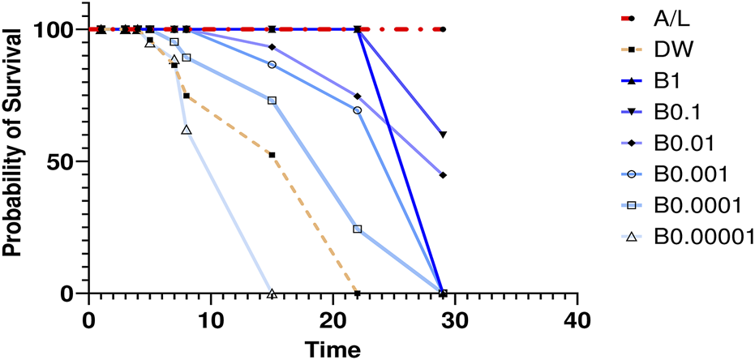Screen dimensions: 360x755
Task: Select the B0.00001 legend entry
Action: [x=704, y=237]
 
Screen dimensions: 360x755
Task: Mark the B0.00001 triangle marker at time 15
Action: [x=272, y=293]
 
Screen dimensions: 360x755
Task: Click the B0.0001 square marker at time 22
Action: [x=358, y=229]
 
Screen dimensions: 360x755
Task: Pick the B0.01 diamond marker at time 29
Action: [x=443, y=175]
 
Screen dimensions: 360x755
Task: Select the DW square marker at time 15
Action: [x=272, y=155]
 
